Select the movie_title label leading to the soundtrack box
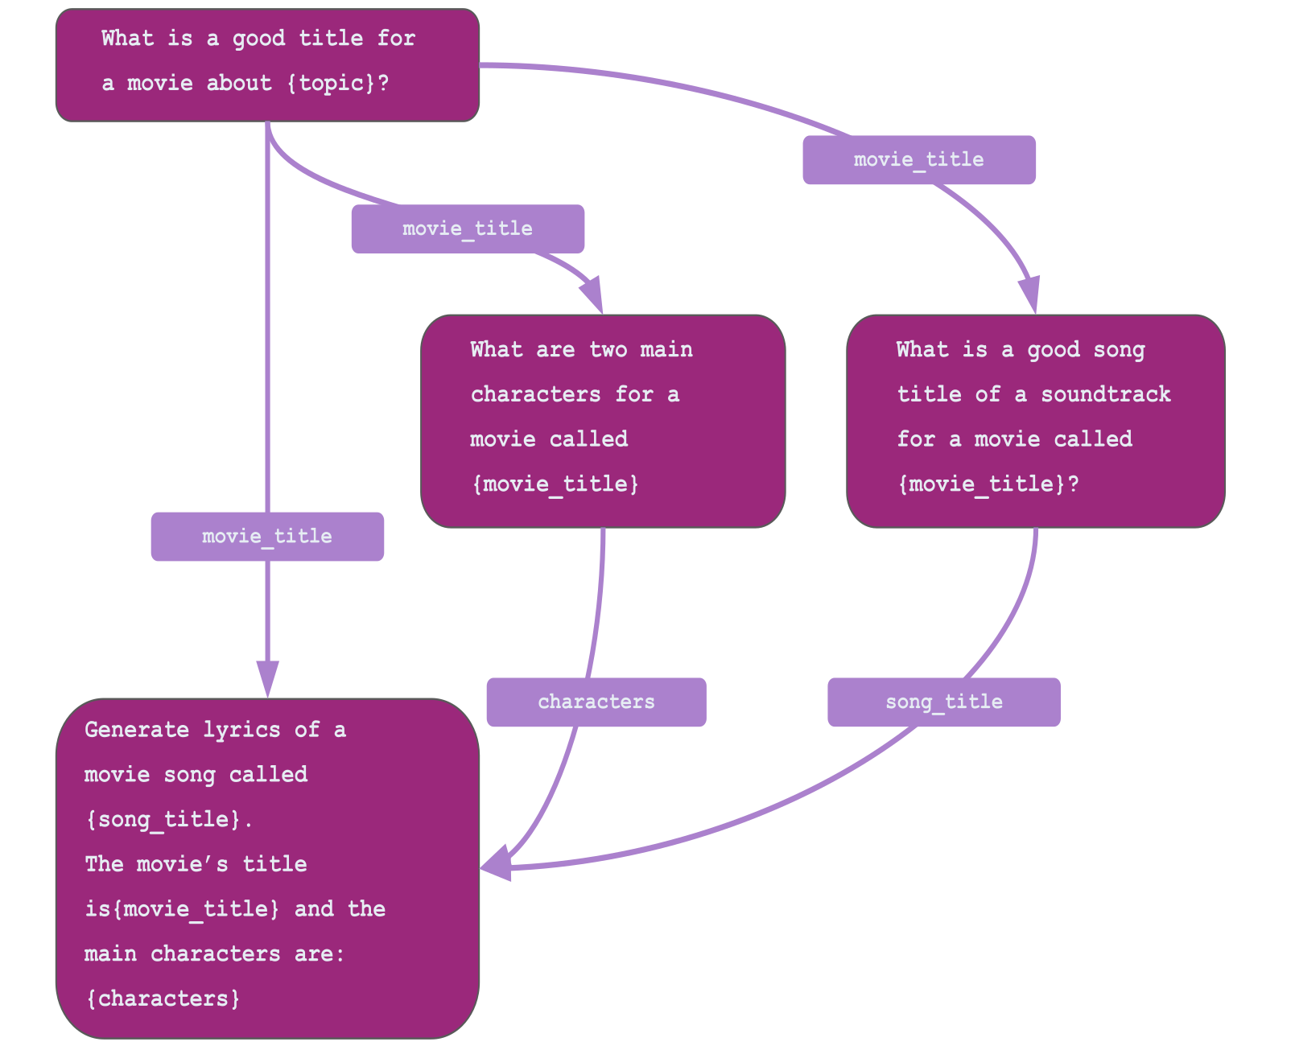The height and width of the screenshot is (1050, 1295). pyautogui.click(x=918, y=159)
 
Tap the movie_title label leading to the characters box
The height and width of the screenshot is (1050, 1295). pyautogui.click(x=468, y=229)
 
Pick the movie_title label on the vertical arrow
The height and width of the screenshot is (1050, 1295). pyautogui.click(x=267, y=536)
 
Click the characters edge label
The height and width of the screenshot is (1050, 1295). pyautogui.click(x=596, y=702)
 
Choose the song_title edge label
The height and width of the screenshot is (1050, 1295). pyautogui.click(x=943, y=702)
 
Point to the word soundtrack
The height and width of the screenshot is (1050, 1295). pyautogui.click(x=1106, y=394)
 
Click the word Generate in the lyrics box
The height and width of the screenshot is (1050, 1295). pyautogui.click(x=137, y=730)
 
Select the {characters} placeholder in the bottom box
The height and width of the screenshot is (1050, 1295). pyautogui.click(x=163, y=999)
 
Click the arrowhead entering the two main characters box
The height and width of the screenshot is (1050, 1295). pyautogui.click(x=593, y=294)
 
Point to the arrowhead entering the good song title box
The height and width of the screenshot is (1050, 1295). pyautogui.click(x=1029, y=294)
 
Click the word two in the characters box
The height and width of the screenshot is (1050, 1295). pyautogui.click(x=608, y=349)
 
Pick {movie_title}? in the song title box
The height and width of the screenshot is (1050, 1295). pyautogui.click(x=988, y=484)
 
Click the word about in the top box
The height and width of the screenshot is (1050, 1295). pyautogui.click(x=239, y=83)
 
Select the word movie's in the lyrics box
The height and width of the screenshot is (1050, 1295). pyautogui.click(x=183, y=864)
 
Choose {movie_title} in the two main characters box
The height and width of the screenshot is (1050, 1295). pyautogui.click(x=555, y=484)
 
